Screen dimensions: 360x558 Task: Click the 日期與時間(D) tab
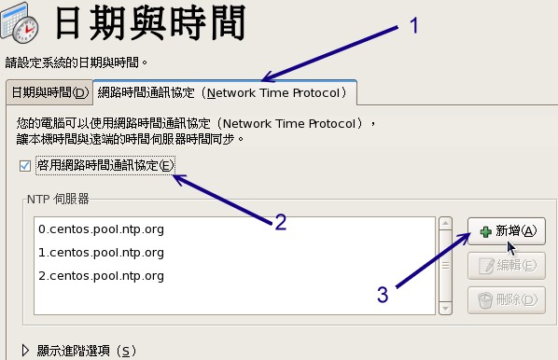(x=48, y=93)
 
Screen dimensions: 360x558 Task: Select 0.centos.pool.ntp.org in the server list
(x=101, y=228)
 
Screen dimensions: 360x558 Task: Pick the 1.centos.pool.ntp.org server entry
(x=101, y=253)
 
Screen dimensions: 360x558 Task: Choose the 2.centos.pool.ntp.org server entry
(x=101, y=276)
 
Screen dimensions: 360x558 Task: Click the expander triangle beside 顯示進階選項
(x=25, y=351)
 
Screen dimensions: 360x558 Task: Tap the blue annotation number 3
(x=383, y=295)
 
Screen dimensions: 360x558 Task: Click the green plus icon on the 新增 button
(x=484, y=231)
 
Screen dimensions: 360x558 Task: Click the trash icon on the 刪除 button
(x=484, y=300)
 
